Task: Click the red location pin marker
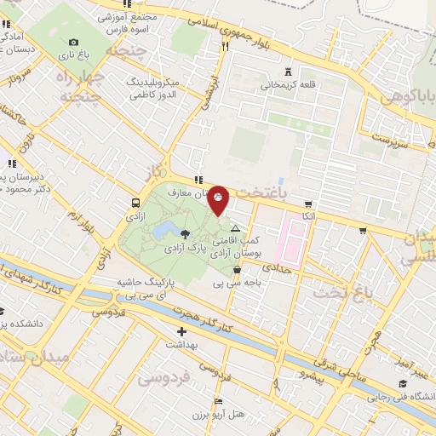pos(219,200)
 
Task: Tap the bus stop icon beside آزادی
pos(136,203)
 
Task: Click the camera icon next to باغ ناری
pos(73,43)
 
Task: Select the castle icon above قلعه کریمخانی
pos(289,72)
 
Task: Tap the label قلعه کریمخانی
pos(289,85)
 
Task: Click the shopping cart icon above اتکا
pos(307,204)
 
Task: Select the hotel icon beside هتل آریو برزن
pos(219,400)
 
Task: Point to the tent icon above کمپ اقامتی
pos(235,229)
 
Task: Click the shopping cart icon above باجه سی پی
pos(236,269)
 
